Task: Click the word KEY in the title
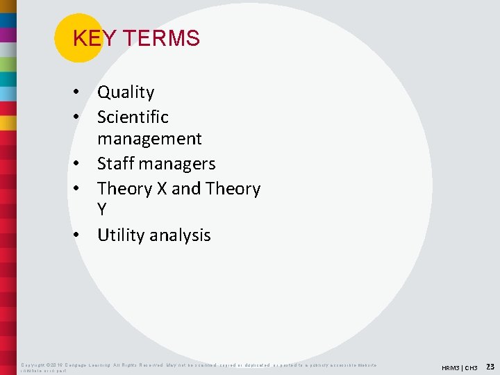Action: [88, 38]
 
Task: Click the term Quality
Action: [126, 92]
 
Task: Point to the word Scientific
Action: [133, 117]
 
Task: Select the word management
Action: [149, 139]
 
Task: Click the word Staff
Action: [115, 164]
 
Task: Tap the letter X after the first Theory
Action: [162, 189]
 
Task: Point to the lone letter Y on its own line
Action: [103, 210]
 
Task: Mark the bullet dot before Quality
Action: [82, 93]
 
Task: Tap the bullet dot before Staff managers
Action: [82, 165]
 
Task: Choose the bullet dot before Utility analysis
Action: [82, 236]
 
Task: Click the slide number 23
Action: [490, 366]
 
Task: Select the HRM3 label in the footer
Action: [451, 367]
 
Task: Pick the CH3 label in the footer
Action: [471, 367]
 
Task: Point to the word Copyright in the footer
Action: [33, 365]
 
